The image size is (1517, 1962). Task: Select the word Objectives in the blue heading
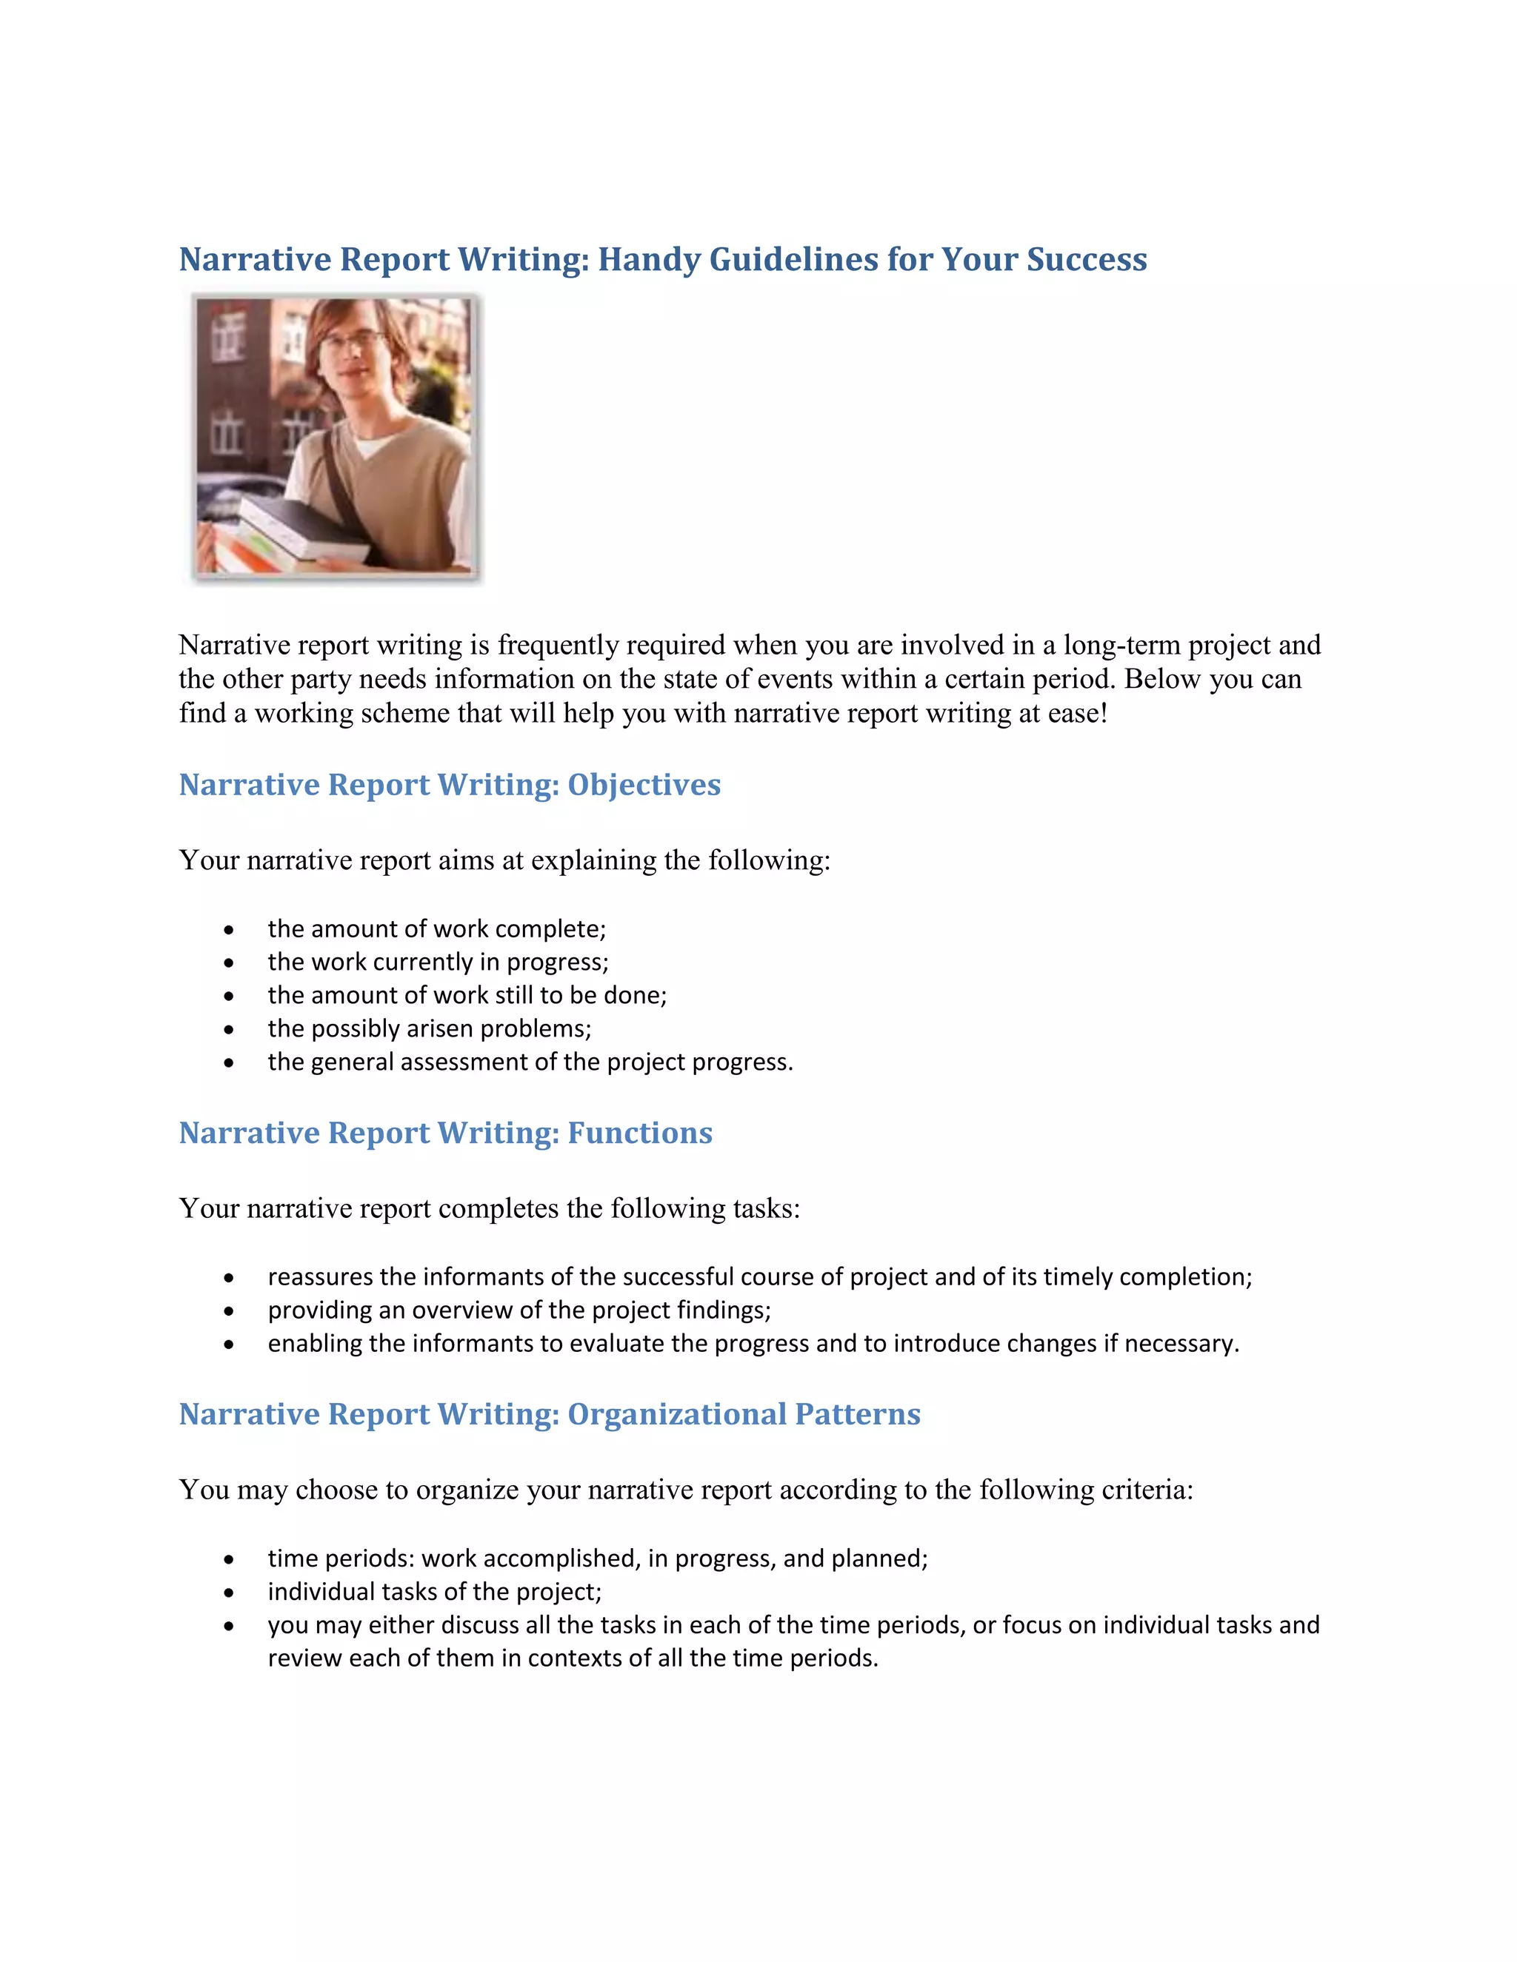644,784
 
